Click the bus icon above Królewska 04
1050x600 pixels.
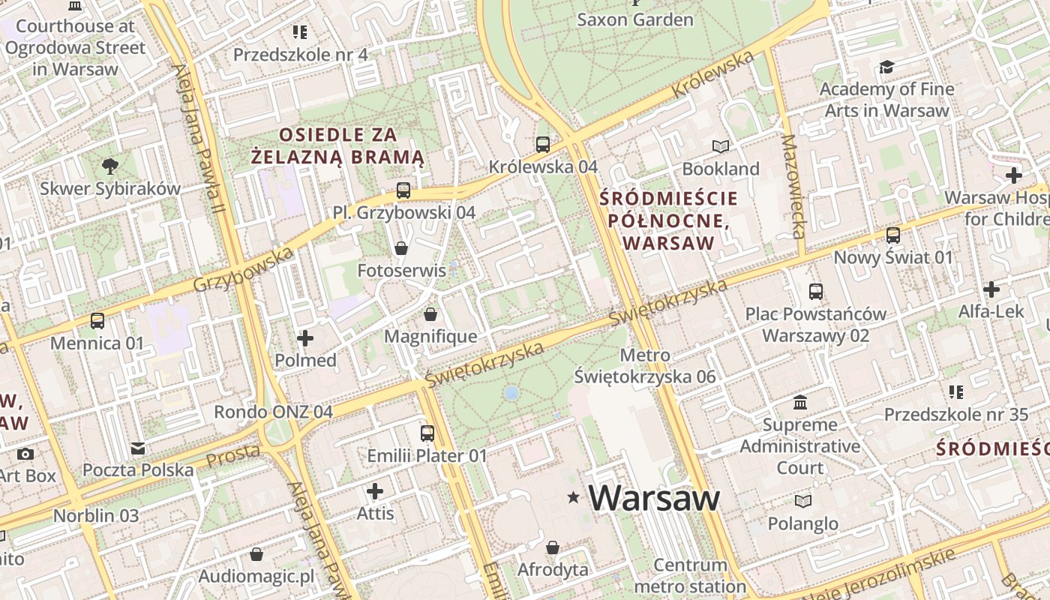point(542,145)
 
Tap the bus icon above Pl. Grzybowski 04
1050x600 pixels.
point(403,190)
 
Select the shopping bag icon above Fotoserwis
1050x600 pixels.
point(401,248)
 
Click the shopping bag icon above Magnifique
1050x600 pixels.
point(430,314)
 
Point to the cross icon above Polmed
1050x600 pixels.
point(305,338)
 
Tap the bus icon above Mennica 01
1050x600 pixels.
point(97,321)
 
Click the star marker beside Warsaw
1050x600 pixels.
point(574,497)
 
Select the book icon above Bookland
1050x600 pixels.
point(721,146)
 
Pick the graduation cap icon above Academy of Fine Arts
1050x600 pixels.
point(886,67)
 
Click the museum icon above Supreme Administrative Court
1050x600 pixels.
point(800,403)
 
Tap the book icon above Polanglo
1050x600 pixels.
point(802,501)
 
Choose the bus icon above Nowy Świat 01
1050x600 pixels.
point(892,235)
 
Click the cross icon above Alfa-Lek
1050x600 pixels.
point(991,289)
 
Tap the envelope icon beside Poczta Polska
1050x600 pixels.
point(138,448)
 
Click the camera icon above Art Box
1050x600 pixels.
point(25,454)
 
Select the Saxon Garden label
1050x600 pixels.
point(634,19)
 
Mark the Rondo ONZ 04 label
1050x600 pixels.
point(273,412)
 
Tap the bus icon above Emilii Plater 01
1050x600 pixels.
point(427,433)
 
